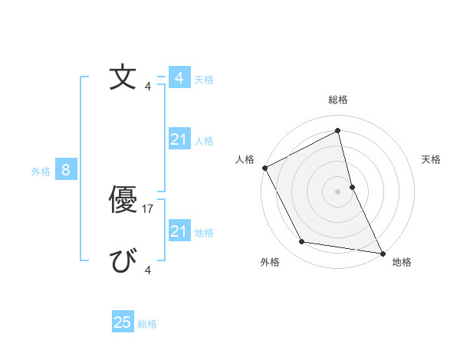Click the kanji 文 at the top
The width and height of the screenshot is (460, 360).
point(123,78)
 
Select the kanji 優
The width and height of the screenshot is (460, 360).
point(123,201)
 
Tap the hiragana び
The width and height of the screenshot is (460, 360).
point(123,262)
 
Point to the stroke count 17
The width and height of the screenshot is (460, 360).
point(149,208)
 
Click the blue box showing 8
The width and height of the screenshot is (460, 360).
point(65,170)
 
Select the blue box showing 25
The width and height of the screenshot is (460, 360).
point(123,322)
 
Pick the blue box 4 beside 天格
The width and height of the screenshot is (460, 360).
point(179,78)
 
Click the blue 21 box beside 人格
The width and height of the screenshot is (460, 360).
point(179,139)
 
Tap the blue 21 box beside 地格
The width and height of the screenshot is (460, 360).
point(179,231)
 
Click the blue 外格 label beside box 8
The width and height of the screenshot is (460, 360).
point(41,172)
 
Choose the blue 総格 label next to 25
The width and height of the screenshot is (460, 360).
point(147,324)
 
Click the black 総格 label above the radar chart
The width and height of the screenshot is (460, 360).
point(337,100)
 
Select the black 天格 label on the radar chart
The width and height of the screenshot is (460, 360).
point(431,159)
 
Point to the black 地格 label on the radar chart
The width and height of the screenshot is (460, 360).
point(402,262)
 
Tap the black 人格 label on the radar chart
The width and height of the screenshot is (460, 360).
point(245,159)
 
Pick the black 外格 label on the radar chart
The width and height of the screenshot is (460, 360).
point(270,262)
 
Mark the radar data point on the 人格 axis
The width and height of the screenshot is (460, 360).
point(264,168)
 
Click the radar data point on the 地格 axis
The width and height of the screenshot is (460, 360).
point(382,253)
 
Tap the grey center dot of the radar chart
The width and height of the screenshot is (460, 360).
point(337,191)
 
